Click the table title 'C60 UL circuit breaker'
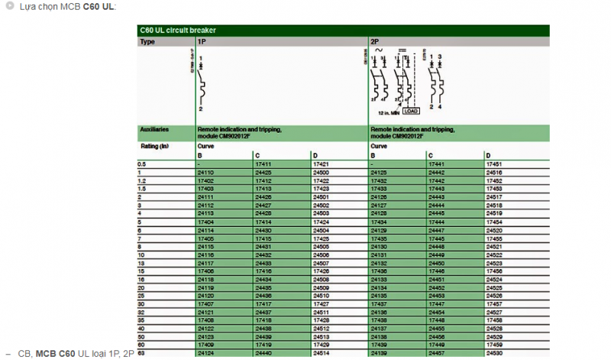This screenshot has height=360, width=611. click(x=178, y=30)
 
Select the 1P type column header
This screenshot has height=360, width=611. click(x=201, y=41)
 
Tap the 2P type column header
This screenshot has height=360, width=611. click(x=374, y=41)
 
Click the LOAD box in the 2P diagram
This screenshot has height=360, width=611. click(x=410, y=111)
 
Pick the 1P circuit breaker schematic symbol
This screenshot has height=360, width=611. click(x=201, y=84)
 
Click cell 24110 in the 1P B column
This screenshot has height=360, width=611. click(x=206, y=173)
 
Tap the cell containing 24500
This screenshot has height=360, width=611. click(x=322, y=173)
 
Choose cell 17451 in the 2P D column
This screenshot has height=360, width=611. click(x=494, y=164)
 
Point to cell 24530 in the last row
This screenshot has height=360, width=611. click(x=494, y=352)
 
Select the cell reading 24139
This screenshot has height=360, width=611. click(x=379, y=352)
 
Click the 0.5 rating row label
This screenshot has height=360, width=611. click(x=142, y=164)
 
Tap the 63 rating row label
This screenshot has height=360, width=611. click(x=141, y=352)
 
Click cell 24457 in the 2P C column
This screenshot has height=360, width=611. click(x=437, y=352)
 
